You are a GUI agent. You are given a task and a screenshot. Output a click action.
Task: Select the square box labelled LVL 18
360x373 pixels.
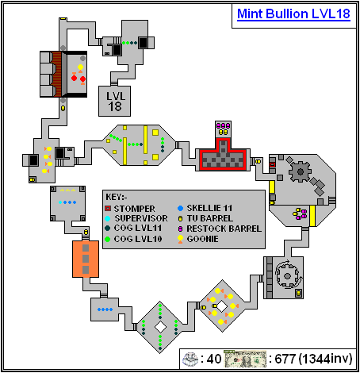pos(116,101)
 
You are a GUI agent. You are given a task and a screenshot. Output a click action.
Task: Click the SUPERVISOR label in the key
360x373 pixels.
pos(144,215)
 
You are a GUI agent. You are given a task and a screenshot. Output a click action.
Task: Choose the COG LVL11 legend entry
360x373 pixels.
pos(141,225)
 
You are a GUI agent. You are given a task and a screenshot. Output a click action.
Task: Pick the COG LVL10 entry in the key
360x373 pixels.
pos(141,236)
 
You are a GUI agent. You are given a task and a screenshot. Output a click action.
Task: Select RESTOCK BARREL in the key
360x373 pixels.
pos(224,225)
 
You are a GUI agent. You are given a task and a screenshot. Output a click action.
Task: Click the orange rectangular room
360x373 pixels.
pos(85,258)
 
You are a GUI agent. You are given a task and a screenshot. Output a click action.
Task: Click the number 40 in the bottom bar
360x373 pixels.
pos(216,359)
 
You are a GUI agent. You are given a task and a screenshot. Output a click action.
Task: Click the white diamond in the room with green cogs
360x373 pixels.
pos(159,326)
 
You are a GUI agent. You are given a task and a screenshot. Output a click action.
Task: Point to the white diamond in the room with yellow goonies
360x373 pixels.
pos(223,305)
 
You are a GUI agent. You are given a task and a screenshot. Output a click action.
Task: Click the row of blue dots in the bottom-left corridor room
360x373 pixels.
pos(104,309)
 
